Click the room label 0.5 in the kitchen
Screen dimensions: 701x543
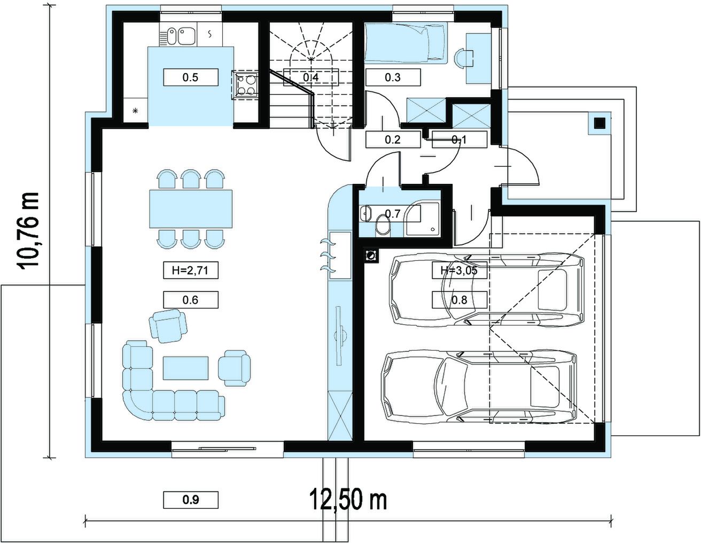point(190,77)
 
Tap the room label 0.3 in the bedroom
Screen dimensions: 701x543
point(393,77)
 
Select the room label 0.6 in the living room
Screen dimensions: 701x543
point(190,300)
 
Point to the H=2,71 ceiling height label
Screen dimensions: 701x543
point(190,270)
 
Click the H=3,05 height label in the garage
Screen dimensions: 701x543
point(459,270)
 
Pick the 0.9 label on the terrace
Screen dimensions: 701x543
point(190,500)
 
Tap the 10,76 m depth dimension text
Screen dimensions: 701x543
point(28,230)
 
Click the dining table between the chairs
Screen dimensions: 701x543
point(191,209)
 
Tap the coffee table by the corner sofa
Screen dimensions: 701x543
point(185,368)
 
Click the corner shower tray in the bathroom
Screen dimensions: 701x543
point(423,219)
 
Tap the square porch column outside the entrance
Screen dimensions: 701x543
point(599,123)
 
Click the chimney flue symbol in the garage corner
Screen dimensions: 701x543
point(371,256)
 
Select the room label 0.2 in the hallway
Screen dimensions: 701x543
point(393,139)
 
